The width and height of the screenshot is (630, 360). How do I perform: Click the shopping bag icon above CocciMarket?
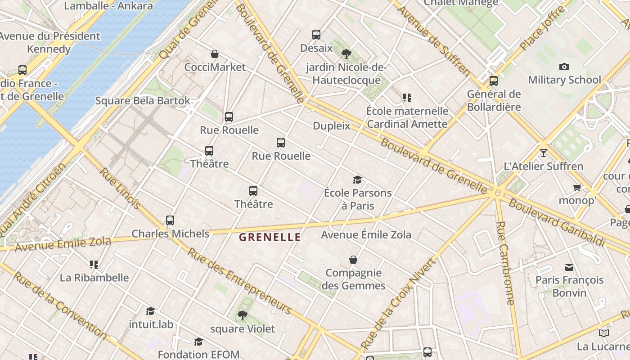(x=215, y=54)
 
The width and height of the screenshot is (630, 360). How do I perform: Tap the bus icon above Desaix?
(x=316, y=35)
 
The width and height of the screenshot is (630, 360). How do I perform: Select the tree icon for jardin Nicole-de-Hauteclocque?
(x=346, y=54)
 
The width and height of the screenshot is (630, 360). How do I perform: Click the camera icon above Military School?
(x=564, y=67)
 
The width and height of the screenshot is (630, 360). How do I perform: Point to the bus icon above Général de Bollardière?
(x=494, y=81)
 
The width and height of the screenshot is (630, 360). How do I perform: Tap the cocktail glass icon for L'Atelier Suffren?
(x=544, y=153)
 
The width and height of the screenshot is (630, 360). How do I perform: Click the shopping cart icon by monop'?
(x=577, y=187)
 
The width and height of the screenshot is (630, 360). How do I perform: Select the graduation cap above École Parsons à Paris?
(x=358, y=180)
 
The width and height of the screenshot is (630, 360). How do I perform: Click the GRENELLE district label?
(x=270, y=237)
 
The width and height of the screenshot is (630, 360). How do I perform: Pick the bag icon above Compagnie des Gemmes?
(x=353, y=260)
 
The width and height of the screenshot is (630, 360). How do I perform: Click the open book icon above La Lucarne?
(x=603, y=333)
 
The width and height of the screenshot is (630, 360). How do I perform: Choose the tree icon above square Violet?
(x=243, y=315)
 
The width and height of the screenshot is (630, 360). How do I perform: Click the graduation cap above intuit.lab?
(x=150, y=311)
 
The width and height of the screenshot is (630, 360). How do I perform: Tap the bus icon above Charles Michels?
(x=170, y=220)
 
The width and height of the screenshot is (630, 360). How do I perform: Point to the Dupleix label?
(x=331, y=126)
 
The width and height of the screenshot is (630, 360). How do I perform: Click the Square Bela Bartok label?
(x=143, y=101)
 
